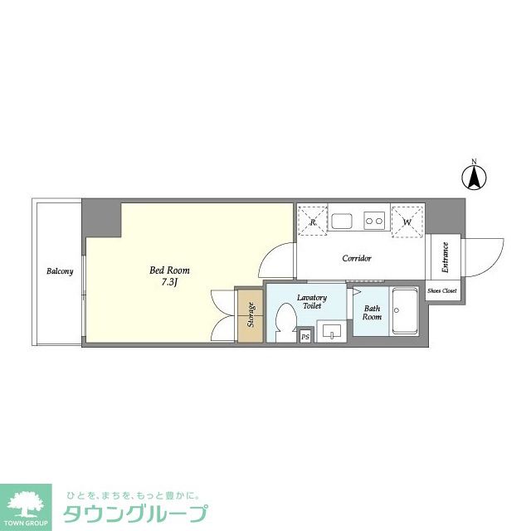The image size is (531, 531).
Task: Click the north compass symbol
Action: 474,176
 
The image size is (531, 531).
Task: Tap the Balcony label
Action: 60,271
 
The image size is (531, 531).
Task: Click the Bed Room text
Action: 169,270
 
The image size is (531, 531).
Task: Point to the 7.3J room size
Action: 169,282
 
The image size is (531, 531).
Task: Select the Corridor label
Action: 357,258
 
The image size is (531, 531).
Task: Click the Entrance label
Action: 445,257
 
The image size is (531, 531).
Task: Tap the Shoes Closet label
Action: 441,291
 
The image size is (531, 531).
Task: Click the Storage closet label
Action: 250,315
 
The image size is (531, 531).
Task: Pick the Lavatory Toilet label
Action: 312,302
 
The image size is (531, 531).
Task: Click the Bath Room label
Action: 372,313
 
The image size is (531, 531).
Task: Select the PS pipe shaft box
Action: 304,336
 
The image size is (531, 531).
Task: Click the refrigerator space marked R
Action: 313,221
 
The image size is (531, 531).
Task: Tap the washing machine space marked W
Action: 407,221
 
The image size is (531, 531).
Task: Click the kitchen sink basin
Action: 342,221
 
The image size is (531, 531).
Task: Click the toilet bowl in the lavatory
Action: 284,321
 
